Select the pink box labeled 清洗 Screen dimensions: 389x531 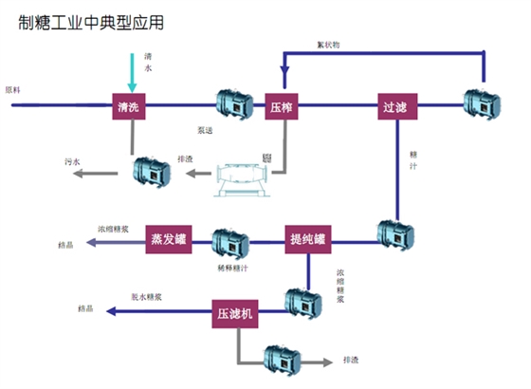[x=129, y=106]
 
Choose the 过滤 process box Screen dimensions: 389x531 [x=397, y=106]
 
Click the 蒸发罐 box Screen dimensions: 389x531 [x=168, y=239]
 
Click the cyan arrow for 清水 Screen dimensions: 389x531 [x=130, y=71]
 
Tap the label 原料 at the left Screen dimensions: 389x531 [x=12, y=90]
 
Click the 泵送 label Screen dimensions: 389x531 [x=206, y=129]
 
